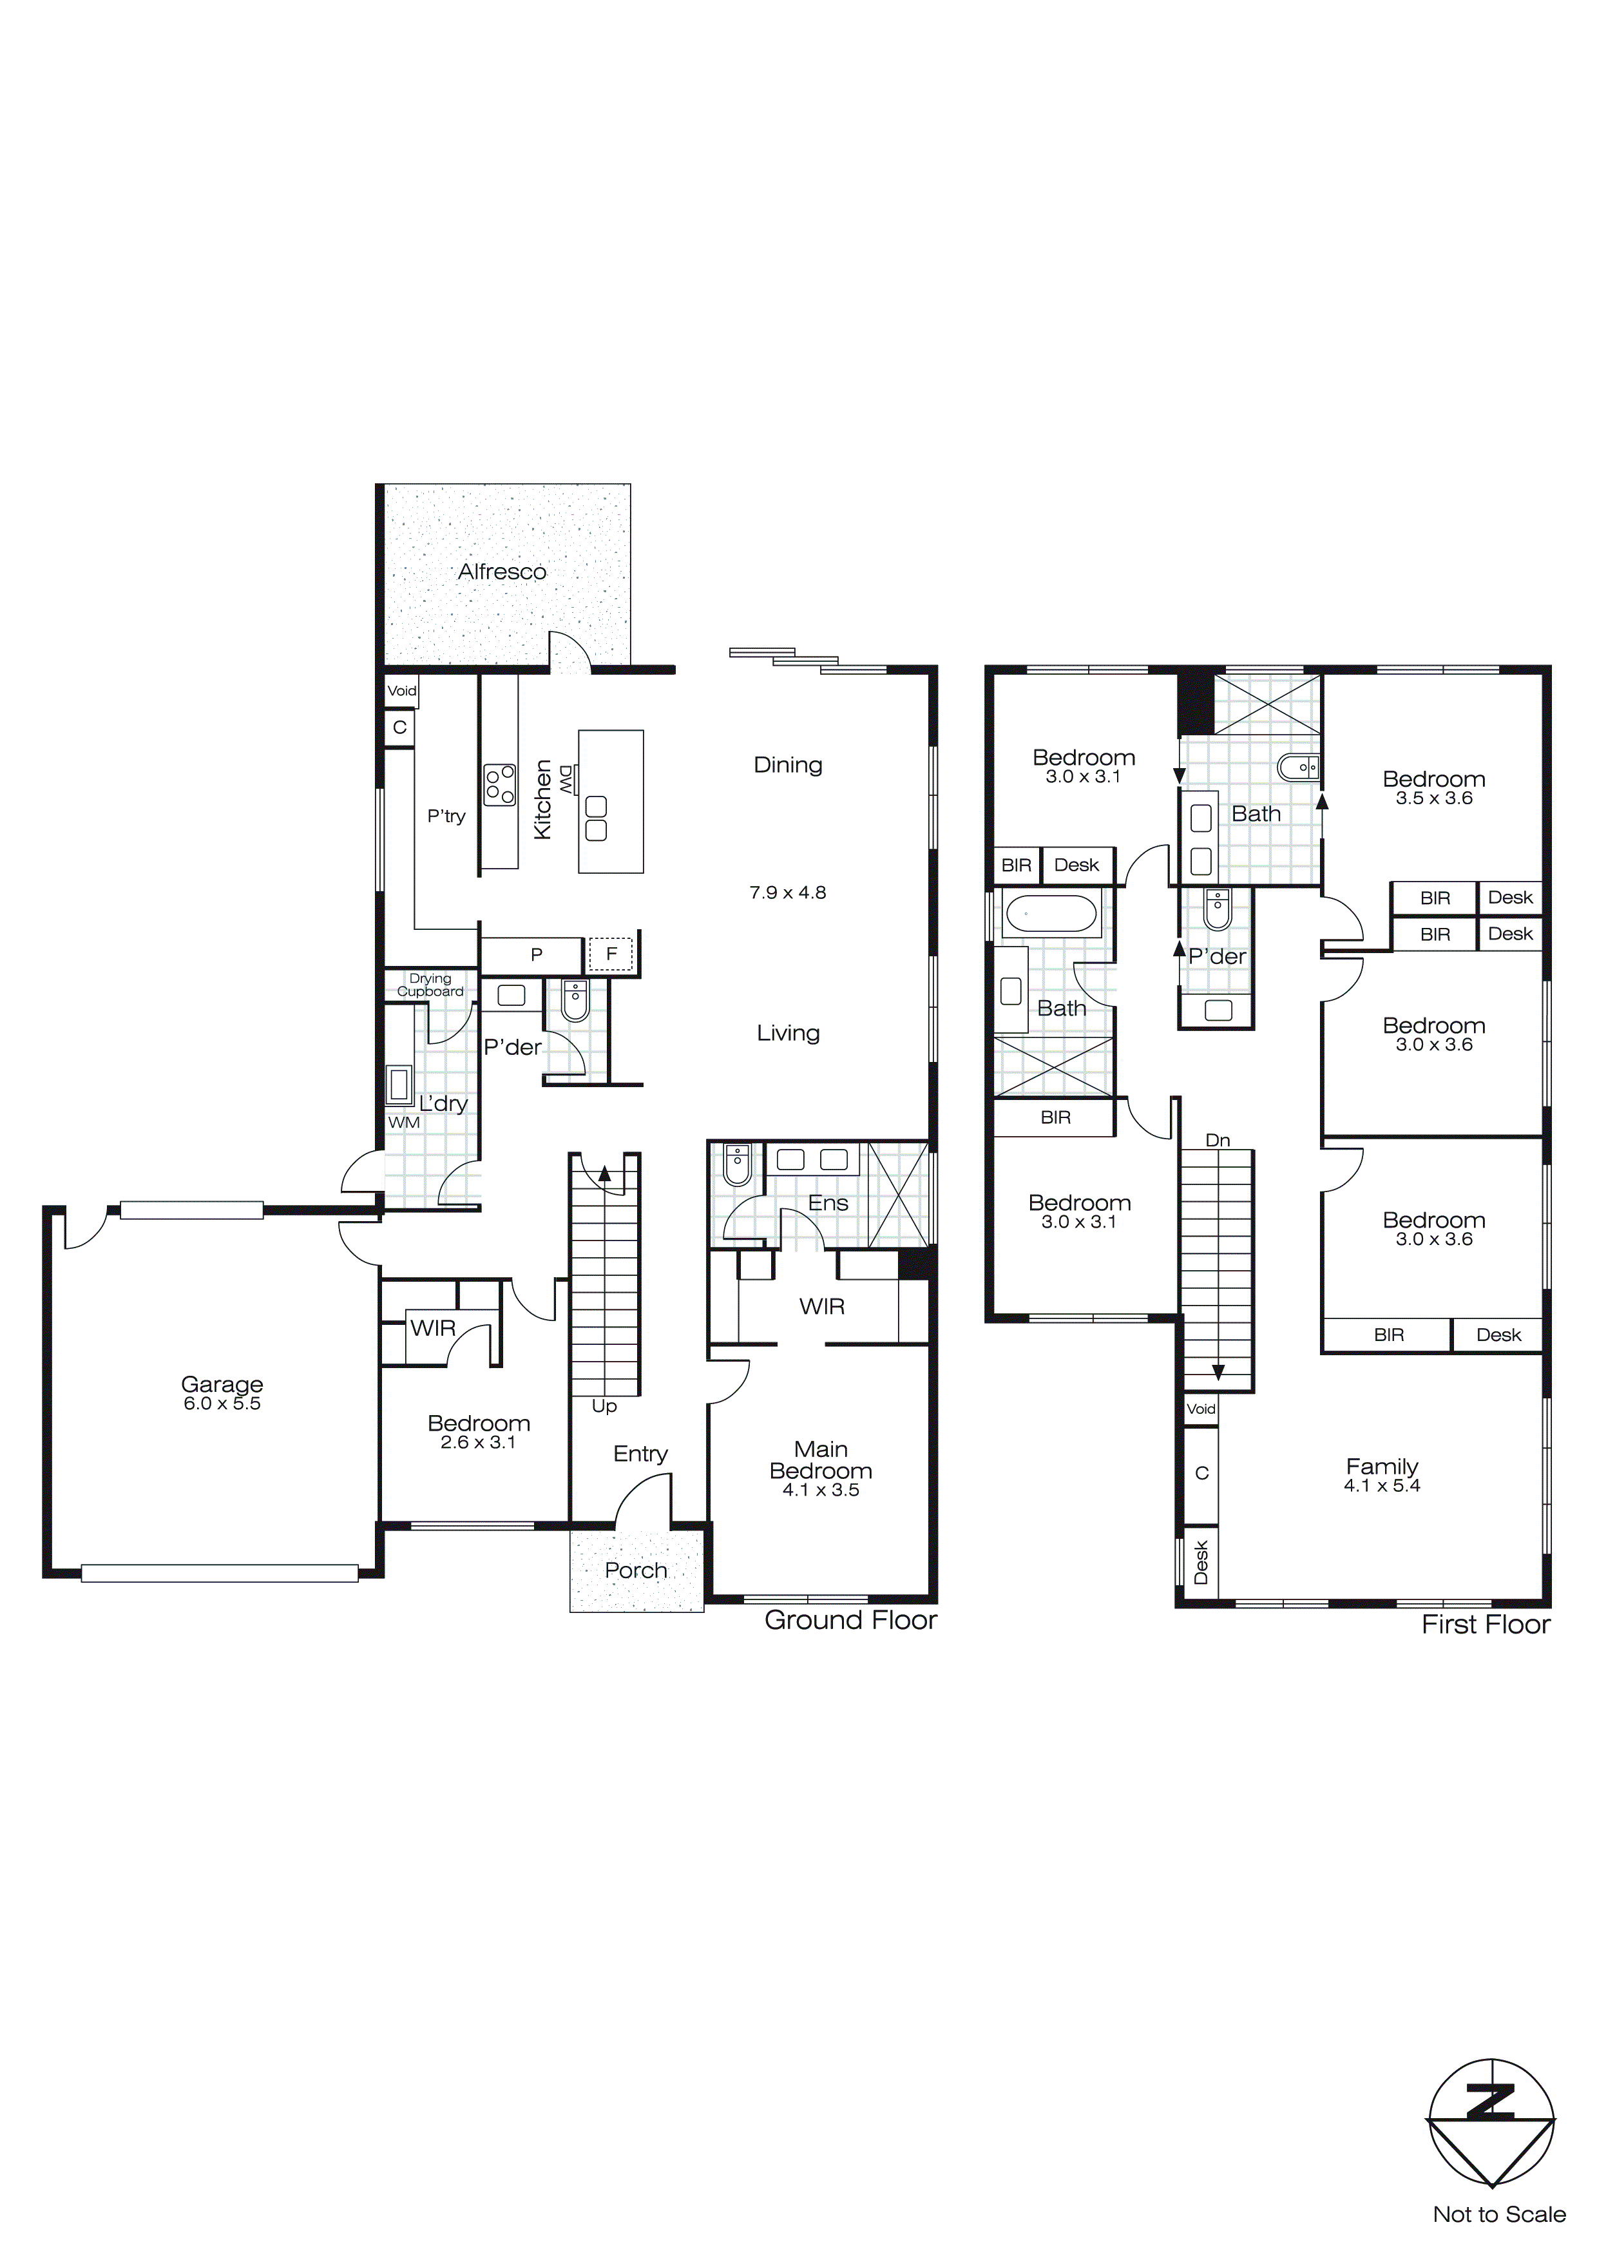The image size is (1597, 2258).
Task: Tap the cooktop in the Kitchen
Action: pos(499,785)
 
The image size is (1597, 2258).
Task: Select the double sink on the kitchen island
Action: pos(595,818)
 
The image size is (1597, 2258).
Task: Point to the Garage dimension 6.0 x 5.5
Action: pos(222,1404)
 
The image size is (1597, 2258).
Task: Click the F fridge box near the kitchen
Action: pos(611,954)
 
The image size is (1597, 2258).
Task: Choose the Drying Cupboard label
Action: pos(430,985)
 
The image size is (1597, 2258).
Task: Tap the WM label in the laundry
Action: pos(403,1122)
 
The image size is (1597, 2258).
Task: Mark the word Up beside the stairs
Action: pos(604,1406)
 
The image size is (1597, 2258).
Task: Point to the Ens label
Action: pos(828,1202)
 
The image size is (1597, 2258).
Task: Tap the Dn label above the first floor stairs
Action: pos(1218,1141)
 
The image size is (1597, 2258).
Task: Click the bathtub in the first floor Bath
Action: pos(1049,914)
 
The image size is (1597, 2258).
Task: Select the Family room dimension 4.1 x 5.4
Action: pos(1382,1485)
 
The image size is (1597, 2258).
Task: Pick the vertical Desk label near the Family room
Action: pos(1201,1561)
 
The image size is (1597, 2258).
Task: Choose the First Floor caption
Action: pos(1485,1625)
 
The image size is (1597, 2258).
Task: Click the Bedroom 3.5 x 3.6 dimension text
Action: pos(1434,798)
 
